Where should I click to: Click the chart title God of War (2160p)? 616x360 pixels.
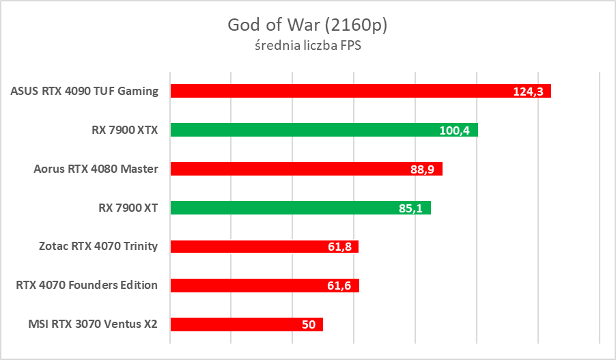307,25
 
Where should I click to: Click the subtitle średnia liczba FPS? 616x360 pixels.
307,46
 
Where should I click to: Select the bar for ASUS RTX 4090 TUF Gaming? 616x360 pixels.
341,91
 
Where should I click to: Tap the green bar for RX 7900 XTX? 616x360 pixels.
300,130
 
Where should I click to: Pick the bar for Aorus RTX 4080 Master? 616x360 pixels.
287,169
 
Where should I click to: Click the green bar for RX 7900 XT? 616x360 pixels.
280,208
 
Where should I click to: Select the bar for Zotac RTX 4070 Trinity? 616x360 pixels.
246,247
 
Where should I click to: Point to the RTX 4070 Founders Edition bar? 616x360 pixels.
246,286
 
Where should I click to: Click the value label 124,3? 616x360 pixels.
527,92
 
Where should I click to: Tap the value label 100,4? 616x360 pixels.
454,130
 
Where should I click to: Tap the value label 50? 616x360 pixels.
309,325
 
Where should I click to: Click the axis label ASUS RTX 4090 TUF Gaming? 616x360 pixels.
85,91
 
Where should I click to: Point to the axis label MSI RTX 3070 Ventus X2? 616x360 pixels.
93,324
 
